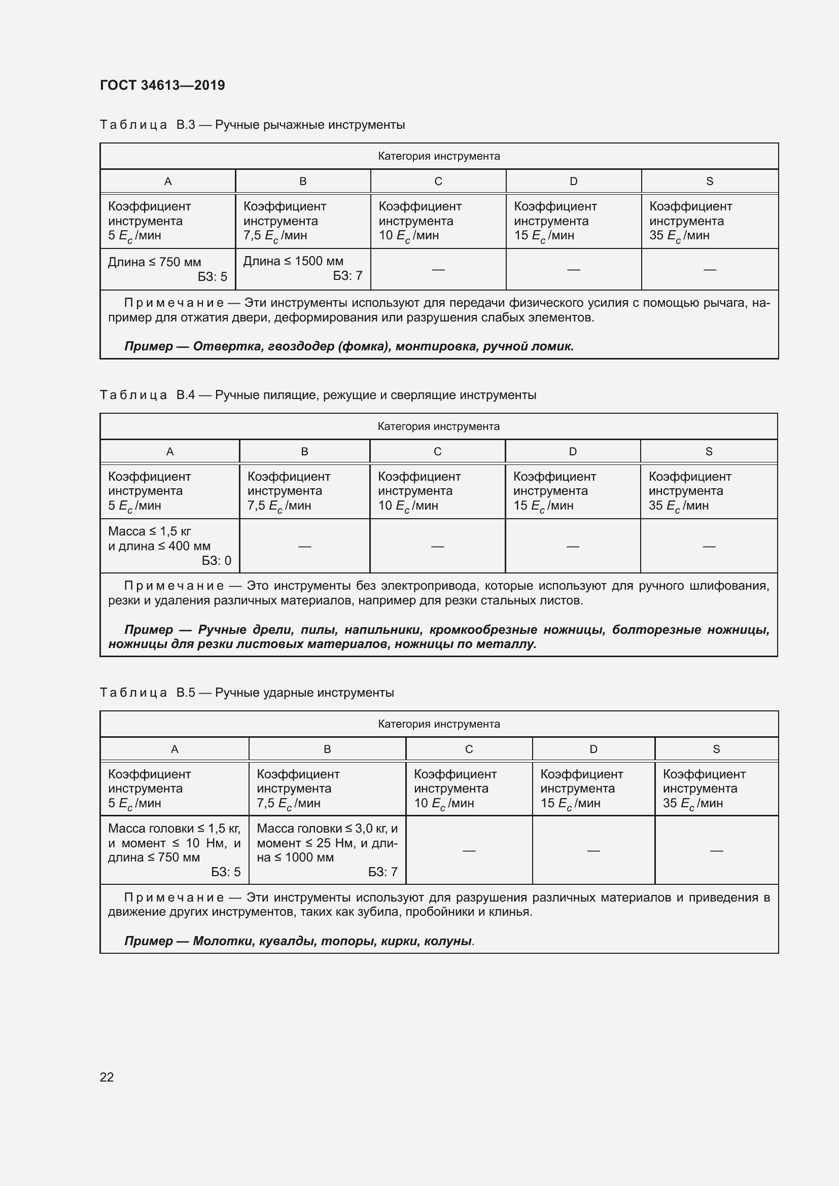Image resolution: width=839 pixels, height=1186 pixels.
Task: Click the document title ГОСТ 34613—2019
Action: (162, 85)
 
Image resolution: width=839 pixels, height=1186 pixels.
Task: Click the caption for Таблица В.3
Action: (252, 125)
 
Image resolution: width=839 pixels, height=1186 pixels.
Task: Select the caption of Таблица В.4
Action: (318, 395)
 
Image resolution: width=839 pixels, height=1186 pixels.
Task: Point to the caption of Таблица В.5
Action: (247, 693)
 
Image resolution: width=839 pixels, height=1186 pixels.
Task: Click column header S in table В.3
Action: (709, 182)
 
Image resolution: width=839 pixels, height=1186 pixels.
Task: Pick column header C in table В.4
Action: (437, 451)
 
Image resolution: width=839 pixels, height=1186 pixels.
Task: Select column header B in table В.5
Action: (327, 749)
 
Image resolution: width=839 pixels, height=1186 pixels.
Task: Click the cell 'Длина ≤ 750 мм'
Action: (155, 262)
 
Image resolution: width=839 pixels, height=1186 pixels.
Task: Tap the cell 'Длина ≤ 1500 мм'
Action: (293, 261)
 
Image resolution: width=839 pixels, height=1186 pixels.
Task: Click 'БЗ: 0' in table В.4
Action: (217, 560)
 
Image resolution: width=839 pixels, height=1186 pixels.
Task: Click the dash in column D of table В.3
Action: (574, 269)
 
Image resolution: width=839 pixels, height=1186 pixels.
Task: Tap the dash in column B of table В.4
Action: (305, 546)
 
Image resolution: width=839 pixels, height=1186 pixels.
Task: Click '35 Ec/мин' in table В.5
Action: (692, 803)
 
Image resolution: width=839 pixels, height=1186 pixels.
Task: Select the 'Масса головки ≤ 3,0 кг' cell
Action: (327, 828)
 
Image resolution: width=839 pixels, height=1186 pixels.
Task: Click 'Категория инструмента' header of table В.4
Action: (439, 426)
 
